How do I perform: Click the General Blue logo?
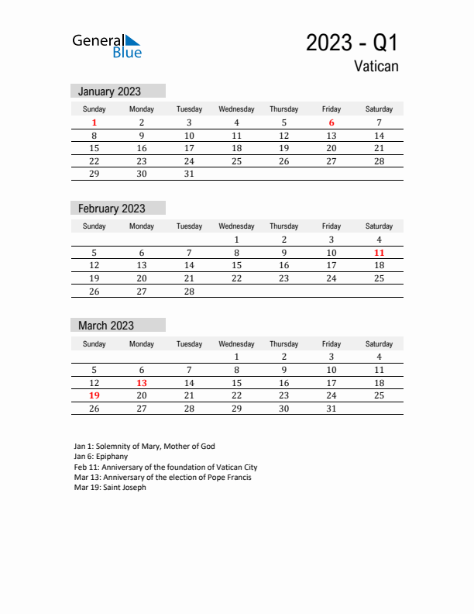coord(107,46)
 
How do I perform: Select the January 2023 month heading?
coord(109,91)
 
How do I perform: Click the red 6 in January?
coord(331,122)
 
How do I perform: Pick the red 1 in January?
coord(94,122)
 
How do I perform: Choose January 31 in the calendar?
coord(189,174)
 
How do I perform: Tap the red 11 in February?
coord(379,253)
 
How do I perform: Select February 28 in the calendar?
coord(189,291)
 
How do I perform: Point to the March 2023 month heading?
coord(105,326)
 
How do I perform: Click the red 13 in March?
coord(142,382)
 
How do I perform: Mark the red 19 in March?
coord(94,395)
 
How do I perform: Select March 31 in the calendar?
coord(331,408)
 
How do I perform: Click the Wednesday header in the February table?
coord(236,226)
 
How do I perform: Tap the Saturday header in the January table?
coord(379,109)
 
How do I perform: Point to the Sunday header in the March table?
coord(94,343)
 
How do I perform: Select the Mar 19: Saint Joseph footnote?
coord(110,488)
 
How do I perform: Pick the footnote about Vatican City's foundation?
coord(166,467)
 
